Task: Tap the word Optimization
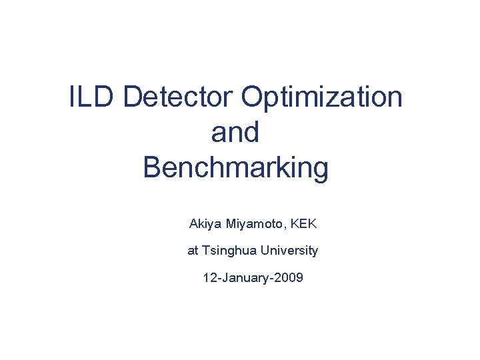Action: [322, 98]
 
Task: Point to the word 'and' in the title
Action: [235, 133]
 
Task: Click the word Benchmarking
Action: [235, 168]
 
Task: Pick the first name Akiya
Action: [205, 224]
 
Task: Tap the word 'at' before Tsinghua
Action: [193, 251]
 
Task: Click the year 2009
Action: [287, 277]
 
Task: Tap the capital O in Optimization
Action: [253, 98]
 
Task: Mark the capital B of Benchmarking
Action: [153, 168]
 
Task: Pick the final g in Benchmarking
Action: [320, 170]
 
